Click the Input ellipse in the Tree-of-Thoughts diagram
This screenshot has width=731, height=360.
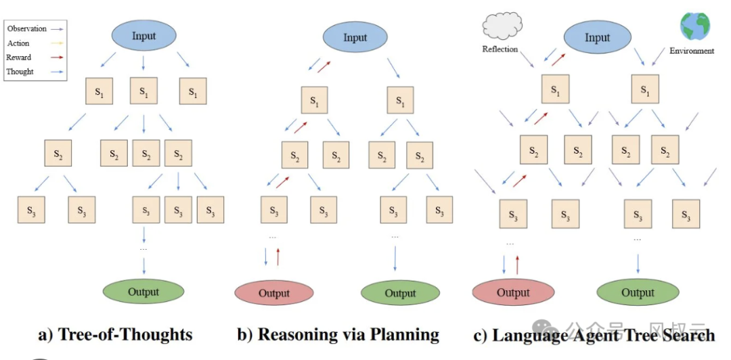[143, 36]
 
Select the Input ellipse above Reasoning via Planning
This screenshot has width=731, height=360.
[355, 37]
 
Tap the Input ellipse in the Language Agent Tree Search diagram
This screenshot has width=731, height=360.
[597, 38]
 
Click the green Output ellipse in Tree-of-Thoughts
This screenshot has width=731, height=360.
[143, 292]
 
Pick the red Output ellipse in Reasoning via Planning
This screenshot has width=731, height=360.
[274, 293]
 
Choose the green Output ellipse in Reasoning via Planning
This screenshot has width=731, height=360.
[401, 293]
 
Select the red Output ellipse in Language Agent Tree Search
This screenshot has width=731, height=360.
[513, 293]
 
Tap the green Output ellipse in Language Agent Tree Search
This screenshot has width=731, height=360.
[638, 292]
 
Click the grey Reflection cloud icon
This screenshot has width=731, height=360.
[502, 26]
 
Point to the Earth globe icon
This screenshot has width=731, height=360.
[694, 26]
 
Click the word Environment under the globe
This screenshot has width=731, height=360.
[692, 51]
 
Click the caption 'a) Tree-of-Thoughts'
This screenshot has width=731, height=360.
[115, 334]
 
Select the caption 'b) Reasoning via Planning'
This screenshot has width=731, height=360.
[338, 334]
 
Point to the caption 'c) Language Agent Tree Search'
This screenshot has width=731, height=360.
[594, 335]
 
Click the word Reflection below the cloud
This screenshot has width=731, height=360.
[500, 49]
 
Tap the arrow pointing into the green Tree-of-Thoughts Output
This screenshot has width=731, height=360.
[143, 265]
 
